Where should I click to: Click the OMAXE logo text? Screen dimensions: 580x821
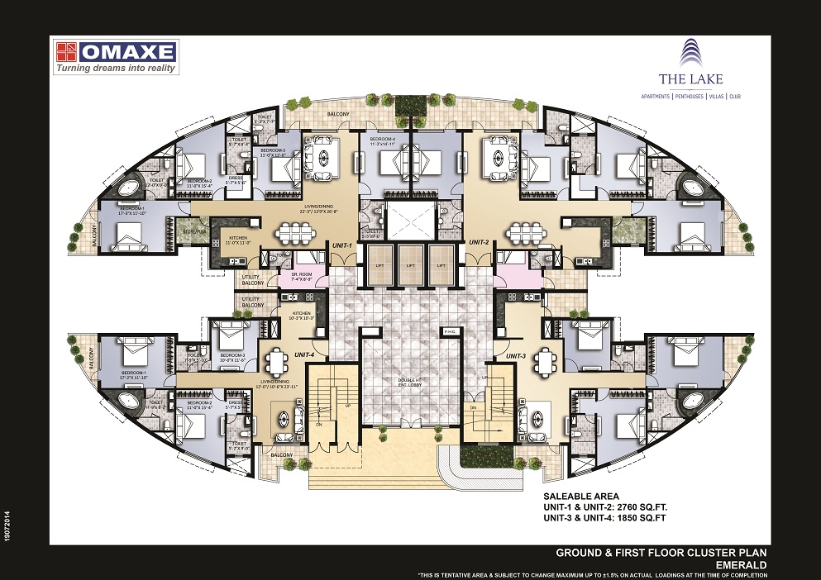pos(128,52)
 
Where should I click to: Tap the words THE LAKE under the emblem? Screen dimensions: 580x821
pos(691,79)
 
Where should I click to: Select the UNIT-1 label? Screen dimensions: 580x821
pos(342,245)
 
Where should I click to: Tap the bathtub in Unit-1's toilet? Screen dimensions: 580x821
pos(129,188)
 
